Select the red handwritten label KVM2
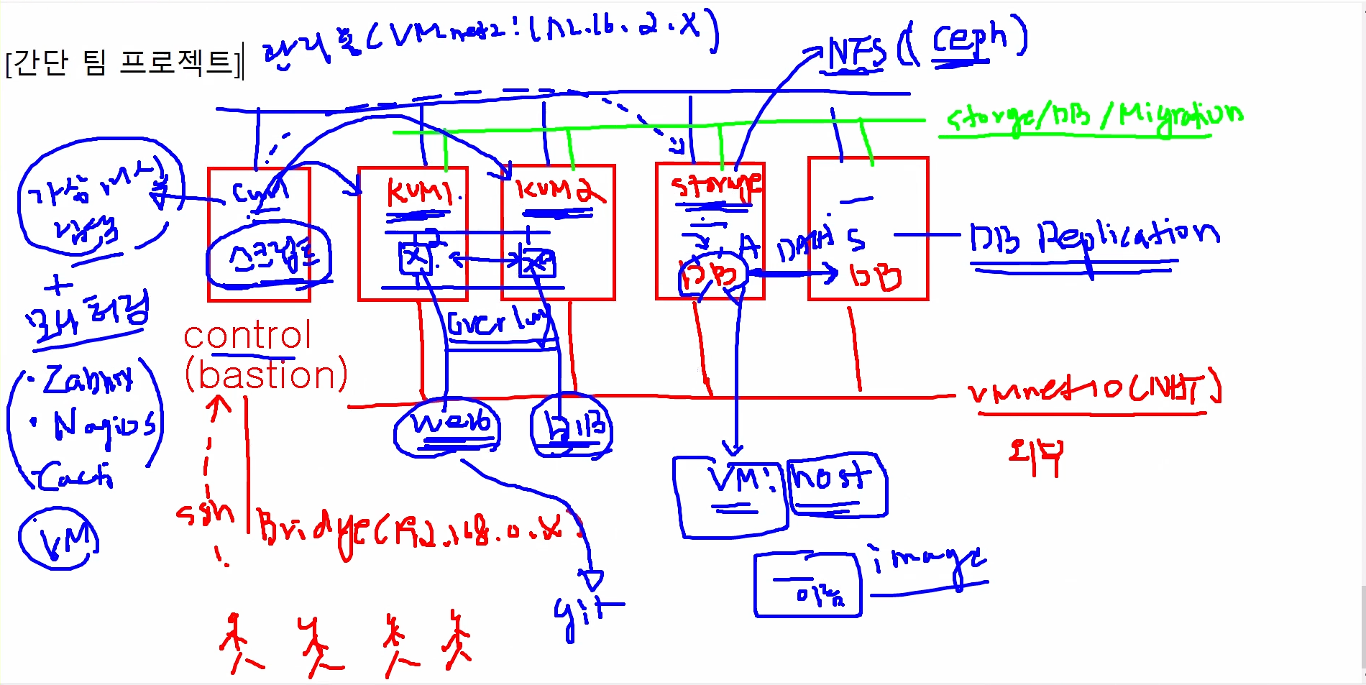559,190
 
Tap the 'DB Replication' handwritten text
1093,237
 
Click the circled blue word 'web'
449,424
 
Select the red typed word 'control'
247,336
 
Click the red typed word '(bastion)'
266,375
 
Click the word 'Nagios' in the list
104,426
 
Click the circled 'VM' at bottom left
59,539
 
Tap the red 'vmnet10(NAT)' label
1093,390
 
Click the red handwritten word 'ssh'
205,512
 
